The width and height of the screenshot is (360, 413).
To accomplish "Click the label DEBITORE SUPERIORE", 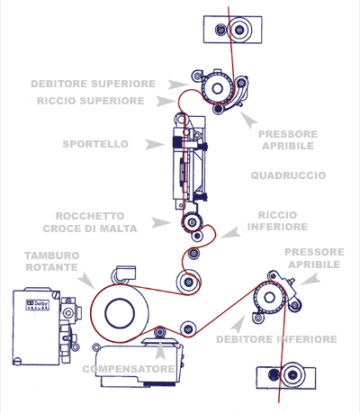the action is pyautogui.click(x=94, y=84).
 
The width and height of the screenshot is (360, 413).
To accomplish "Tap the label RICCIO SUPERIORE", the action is pyautogui.click(x=91, y=101).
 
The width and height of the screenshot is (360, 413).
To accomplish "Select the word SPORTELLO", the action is pyautogui.click(x=95, y=144).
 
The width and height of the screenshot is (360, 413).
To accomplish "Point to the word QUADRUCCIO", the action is pyautogui.click(x=288, y=175).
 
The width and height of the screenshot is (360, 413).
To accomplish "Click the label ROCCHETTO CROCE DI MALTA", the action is pyautogui.click(x=90, y=222).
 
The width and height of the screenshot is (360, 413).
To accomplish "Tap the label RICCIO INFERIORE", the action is pyautogui.click(x=277, y=220).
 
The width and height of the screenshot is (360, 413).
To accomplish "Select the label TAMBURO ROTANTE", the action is pyautogui.click(x=52, y=261).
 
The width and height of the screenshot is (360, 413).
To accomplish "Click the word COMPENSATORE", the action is pyautogui.click(x=129, y=369).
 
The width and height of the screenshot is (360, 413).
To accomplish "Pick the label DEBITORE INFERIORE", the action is pyautogui.click(x=276, y=339).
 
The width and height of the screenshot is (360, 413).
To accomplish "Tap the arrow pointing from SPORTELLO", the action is pyautogui.click(x=155, y=144).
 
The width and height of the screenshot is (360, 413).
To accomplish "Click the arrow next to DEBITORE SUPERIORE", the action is pyautogui.click(x=177, y=85).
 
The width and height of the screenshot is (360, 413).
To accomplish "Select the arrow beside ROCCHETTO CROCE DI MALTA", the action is pyautogui.click(x=161, y=223).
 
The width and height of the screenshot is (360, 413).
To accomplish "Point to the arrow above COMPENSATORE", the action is pyautogui.click(x=160, y=350).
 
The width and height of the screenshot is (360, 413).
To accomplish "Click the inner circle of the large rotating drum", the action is pyautogui.click(x=120, y=313).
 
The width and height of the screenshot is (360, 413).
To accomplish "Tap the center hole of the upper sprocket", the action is pyautogui.click(x=217, y=88).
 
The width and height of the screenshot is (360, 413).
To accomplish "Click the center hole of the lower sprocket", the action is pyautogui.click(x=269, y=298).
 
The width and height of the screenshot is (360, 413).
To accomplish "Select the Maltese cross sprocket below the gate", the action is pyautogui.click(x=192, y=222).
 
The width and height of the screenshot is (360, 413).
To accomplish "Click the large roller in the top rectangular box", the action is pyautogui.click(x=239, y=30).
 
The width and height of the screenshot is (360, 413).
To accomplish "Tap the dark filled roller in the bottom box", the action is pyautogui.click(x=273, y=374).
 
